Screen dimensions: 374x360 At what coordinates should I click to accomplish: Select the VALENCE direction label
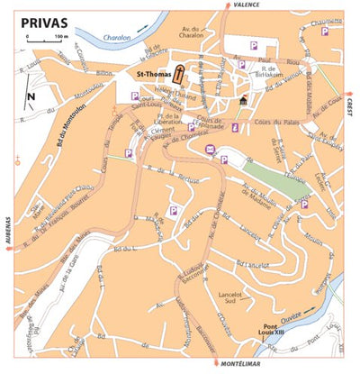(246, 5)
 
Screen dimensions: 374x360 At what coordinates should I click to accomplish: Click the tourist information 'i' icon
(236, 129)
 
